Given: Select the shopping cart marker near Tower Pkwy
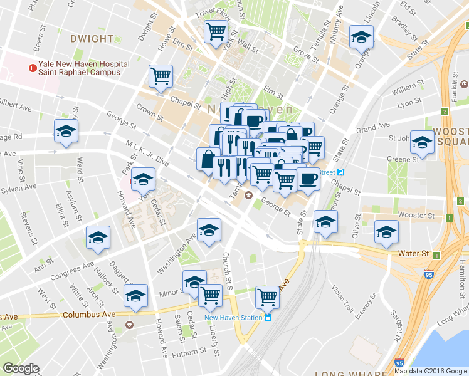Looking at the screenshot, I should coord(216,31).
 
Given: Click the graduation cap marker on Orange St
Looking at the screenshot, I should coord(361,38).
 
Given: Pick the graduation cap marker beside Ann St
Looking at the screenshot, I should coord(97,238).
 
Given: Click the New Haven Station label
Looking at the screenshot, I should coord(233,317).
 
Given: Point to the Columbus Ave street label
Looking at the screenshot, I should coord(89,313).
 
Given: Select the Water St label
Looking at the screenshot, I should coord(413,254).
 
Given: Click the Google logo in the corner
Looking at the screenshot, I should coord(21,368).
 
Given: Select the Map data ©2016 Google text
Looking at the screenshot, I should coord(430,371).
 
